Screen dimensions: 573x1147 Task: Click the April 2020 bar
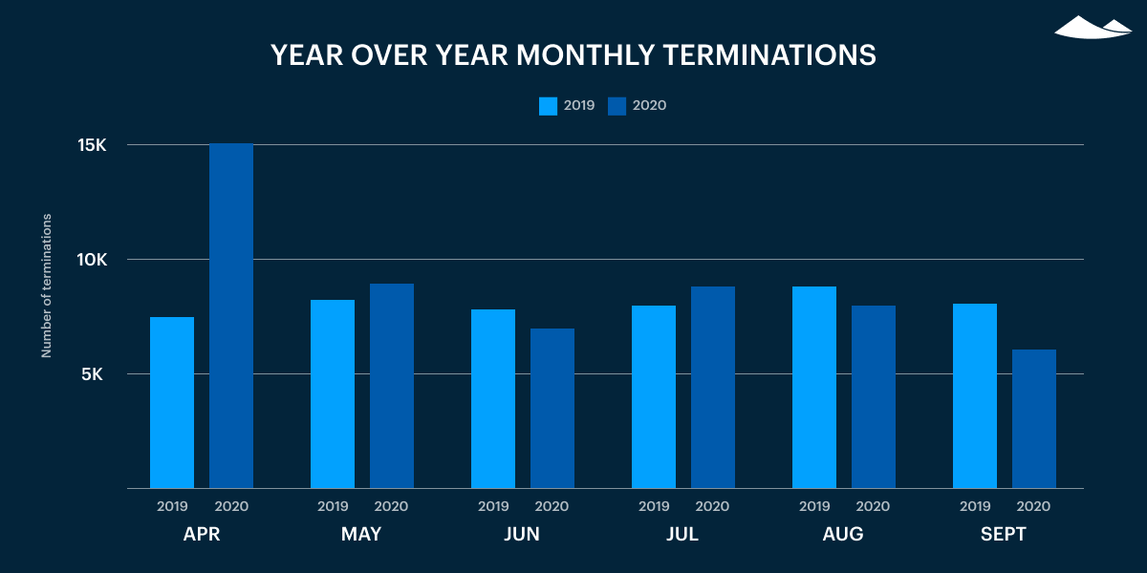[231, 315]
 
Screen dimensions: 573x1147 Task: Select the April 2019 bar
[172, 402]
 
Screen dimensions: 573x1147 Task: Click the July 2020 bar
[713, 387]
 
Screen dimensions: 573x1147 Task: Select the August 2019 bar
[814, 387]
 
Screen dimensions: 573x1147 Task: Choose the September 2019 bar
[975, 395]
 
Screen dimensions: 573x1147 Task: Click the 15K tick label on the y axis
[92, 145]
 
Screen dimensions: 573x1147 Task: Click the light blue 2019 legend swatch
[548, 106]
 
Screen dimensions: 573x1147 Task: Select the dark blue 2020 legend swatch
[617, 106]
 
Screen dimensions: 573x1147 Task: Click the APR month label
[202, 535]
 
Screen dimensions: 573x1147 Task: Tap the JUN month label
[522, 535]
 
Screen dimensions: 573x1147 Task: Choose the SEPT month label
[1004, 535]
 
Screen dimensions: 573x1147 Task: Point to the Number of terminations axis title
[46, 286]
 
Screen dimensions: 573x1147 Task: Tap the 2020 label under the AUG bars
[873, 506]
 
